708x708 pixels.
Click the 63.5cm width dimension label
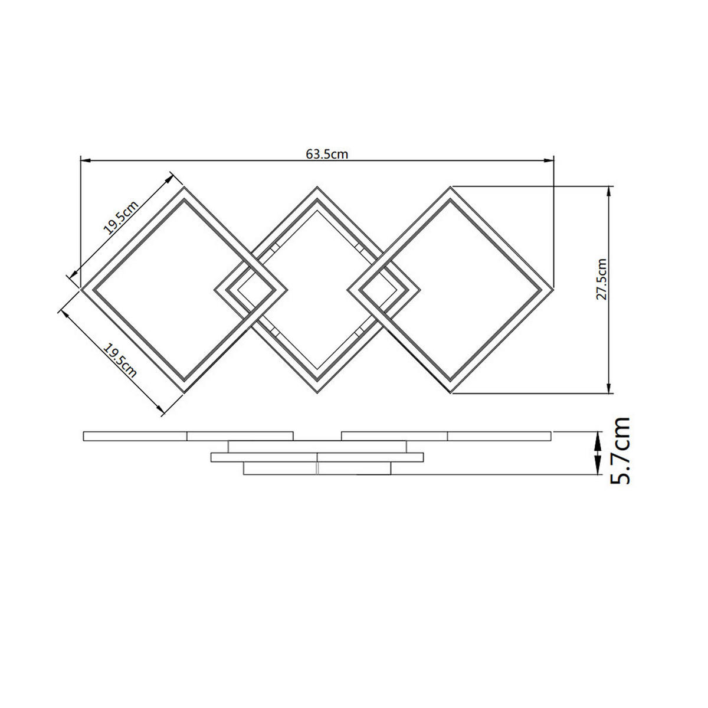tap(327, 155)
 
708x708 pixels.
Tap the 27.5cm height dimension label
tap(601, 279)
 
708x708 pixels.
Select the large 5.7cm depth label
tap(621, 451)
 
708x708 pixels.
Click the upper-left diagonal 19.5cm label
tap(121, 218)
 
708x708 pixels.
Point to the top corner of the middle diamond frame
tap(318, 188)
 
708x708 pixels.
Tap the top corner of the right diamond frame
tap(451, 188)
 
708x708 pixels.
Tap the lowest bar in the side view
tap(317, 468)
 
